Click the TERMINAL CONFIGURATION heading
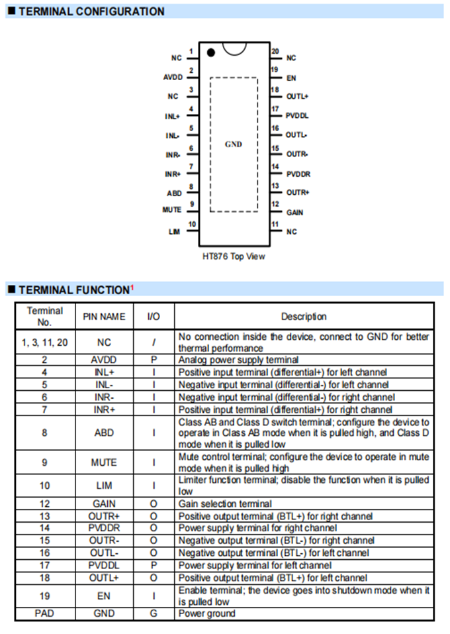(x=91, y=11)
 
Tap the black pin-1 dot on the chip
(x=210, y=52)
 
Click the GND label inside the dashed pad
(x=234, y=144)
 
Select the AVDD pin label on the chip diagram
(x=173, y=78)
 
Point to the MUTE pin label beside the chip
(x=171, y=209)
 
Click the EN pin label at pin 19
(x=291, y=78)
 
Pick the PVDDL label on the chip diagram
(x=297, y=115)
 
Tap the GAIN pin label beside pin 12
(x=294, y=213)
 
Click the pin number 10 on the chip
(x=192, y=225)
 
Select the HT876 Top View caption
(x=234, y=256)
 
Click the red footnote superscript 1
(x=132, y=287)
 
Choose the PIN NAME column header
(x=104, y=317)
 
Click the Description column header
(x=304, y=317)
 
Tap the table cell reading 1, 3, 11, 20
(x=45, y=342)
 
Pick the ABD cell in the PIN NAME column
(x=104, y=432)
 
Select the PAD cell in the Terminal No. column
(x=45, y=613)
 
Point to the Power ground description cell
(x=206, y=613)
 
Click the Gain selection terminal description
(x=225, y=503)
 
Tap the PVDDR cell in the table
(x=104, y=528)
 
